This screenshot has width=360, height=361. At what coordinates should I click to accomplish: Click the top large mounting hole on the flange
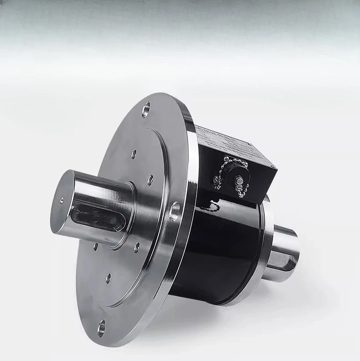point(146,109)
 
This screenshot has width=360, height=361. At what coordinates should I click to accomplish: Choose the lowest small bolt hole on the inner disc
point(108,278)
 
